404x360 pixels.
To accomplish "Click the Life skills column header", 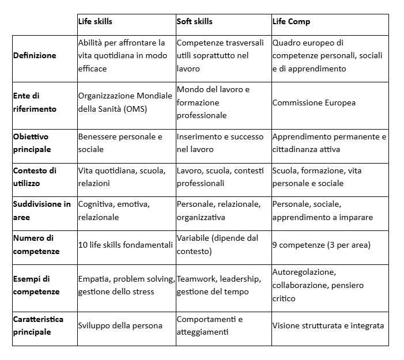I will click(x=95, y=22).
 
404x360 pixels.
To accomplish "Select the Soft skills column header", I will click(x=194, y=22).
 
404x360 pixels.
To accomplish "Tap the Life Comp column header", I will click(x=291, y=22).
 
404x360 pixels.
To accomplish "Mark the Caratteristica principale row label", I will click(x=38, y=325).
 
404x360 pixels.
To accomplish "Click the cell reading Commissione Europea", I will click(x=314, y=103).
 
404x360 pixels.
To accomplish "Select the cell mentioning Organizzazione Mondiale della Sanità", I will click(x=125, y=102).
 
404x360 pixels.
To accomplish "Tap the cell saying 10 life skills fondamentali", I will click(x=125, y=245).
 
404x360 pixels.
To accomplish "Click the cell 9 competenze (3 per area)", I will click(x=321, y=245).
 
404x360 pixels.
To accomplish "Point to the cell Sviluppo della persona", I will click(x=120, y=326).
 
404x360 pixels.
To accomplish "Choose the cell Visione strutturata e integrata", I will click(x=328, y=326).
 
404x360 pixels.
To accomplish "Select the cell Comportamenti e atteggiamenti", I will click(x=210, y=325).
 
